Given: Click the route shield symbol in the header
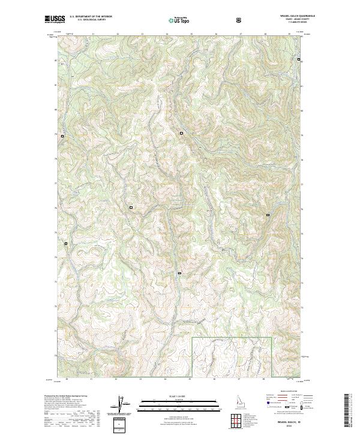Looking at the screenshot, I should pos(239,20).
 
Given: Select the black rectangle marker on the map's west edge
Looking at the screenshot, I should pos(62,136).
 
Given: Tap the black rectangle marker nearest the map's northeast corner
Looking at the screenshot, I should pos(299,60).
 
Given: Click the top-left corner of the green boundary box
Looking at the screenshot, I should pos(192,338).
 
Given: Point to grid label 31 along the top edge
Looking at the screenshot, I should pos(94,34).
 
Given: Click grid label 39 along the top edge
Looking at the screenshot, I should pos(289,34).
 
